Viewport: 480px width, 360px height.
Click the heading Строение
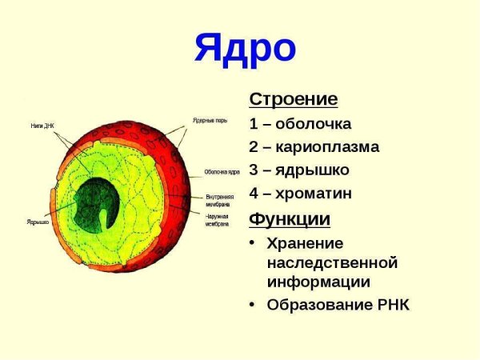coord(293,100)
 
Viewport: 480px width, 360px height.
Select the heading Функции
coord(290,218)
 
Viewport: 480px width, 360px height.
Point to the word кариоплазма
coord(327,147)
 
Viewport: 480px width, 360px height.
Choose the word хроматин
coord(314,194)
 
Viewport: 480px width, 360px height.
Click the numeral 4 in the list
coord(254,194)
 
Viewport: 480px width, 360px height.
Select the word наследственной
coord(332,262)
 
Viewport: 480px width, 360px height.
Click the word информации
coord(318,282)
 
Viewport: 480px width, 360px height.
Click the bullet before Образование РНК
coord(253,305)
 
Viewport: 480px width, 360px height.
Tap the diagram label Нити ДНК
coord(42,125)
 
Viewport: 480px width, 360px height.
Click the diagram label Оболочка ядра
coord(222,171)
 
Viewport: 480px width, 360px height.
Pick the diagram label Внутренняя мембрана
coord(219,199)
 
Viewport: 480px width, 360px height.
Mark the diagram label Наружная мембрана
coord(218,220)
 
